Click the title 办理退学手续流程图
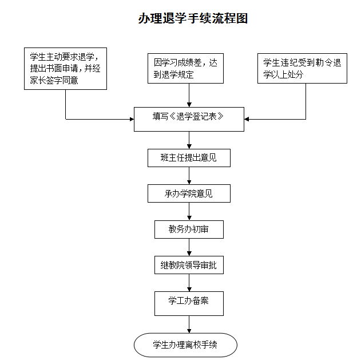[193, 18]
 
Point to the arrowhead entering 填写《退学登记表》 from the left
[132, 119]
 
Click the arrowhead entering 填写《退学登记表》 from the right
[247, 119]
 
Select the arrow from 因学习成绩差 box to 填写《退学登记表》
[189, 95]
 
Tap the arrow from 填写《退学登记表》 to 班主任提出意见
[189, 140]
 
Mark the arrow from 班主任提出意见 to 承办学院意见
[189, 176]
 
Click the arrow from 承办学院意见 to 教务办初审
[189, 211]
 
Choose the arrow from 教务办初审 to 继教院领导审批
[189, 247]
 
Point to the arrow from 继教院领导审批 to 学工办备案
[189, 283]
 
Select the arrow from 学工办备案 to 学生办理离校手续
[189, 325]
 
